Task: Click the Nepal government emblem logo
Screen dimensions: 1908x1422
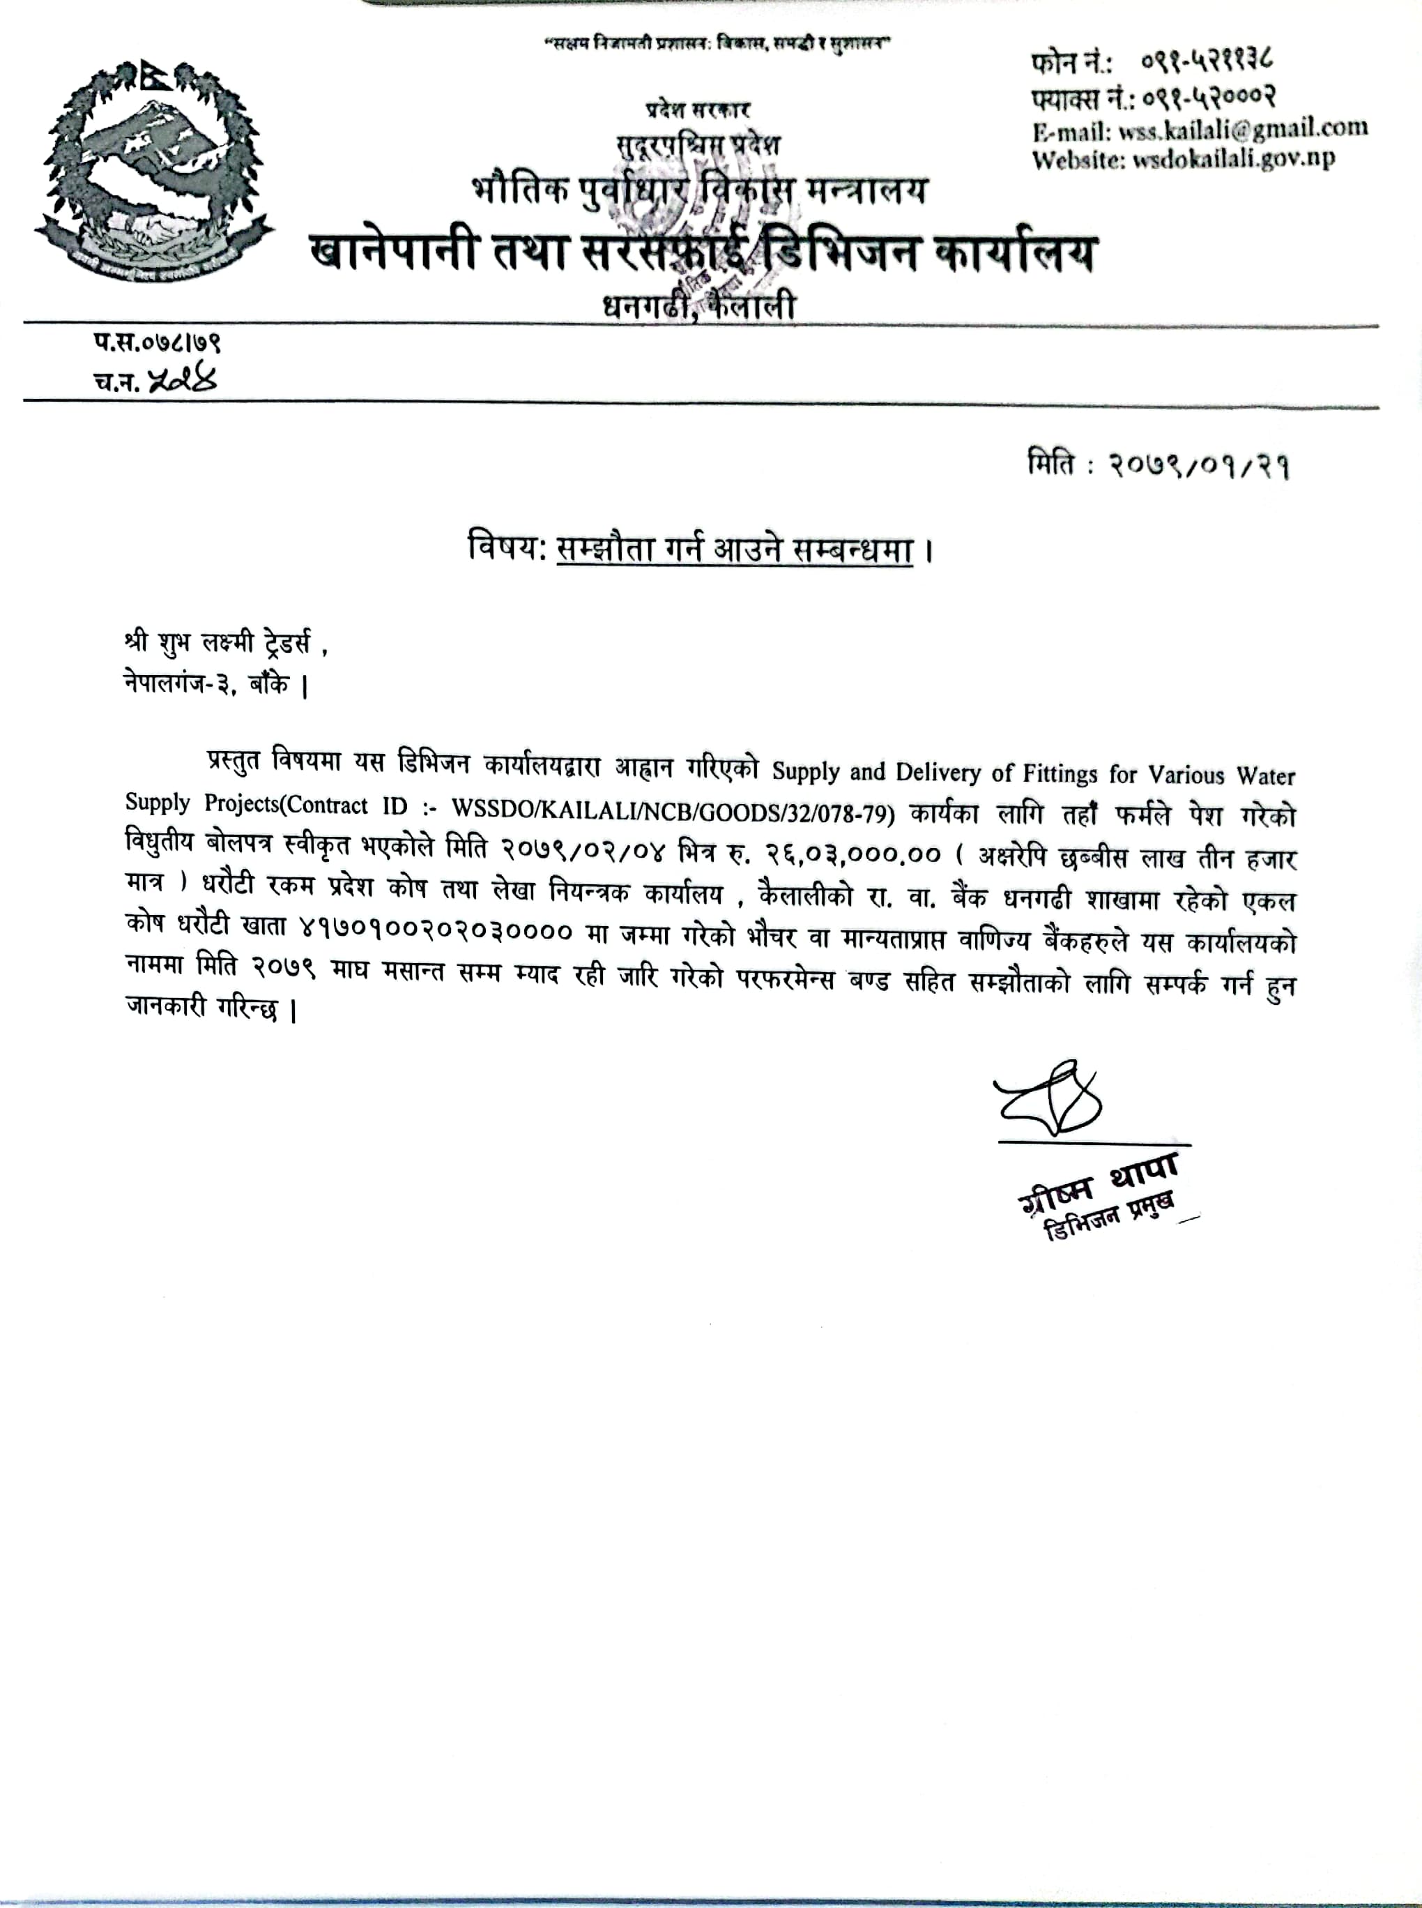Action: coord(153,169)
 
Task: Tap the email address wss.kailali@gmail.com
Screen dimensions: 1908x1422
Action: coord(1243,129)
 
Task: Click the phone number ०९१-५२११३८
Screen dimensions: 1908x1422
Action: coord(1208,62)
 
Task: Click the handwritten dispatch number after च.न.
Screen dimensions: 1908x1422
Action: coord(183,379)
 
